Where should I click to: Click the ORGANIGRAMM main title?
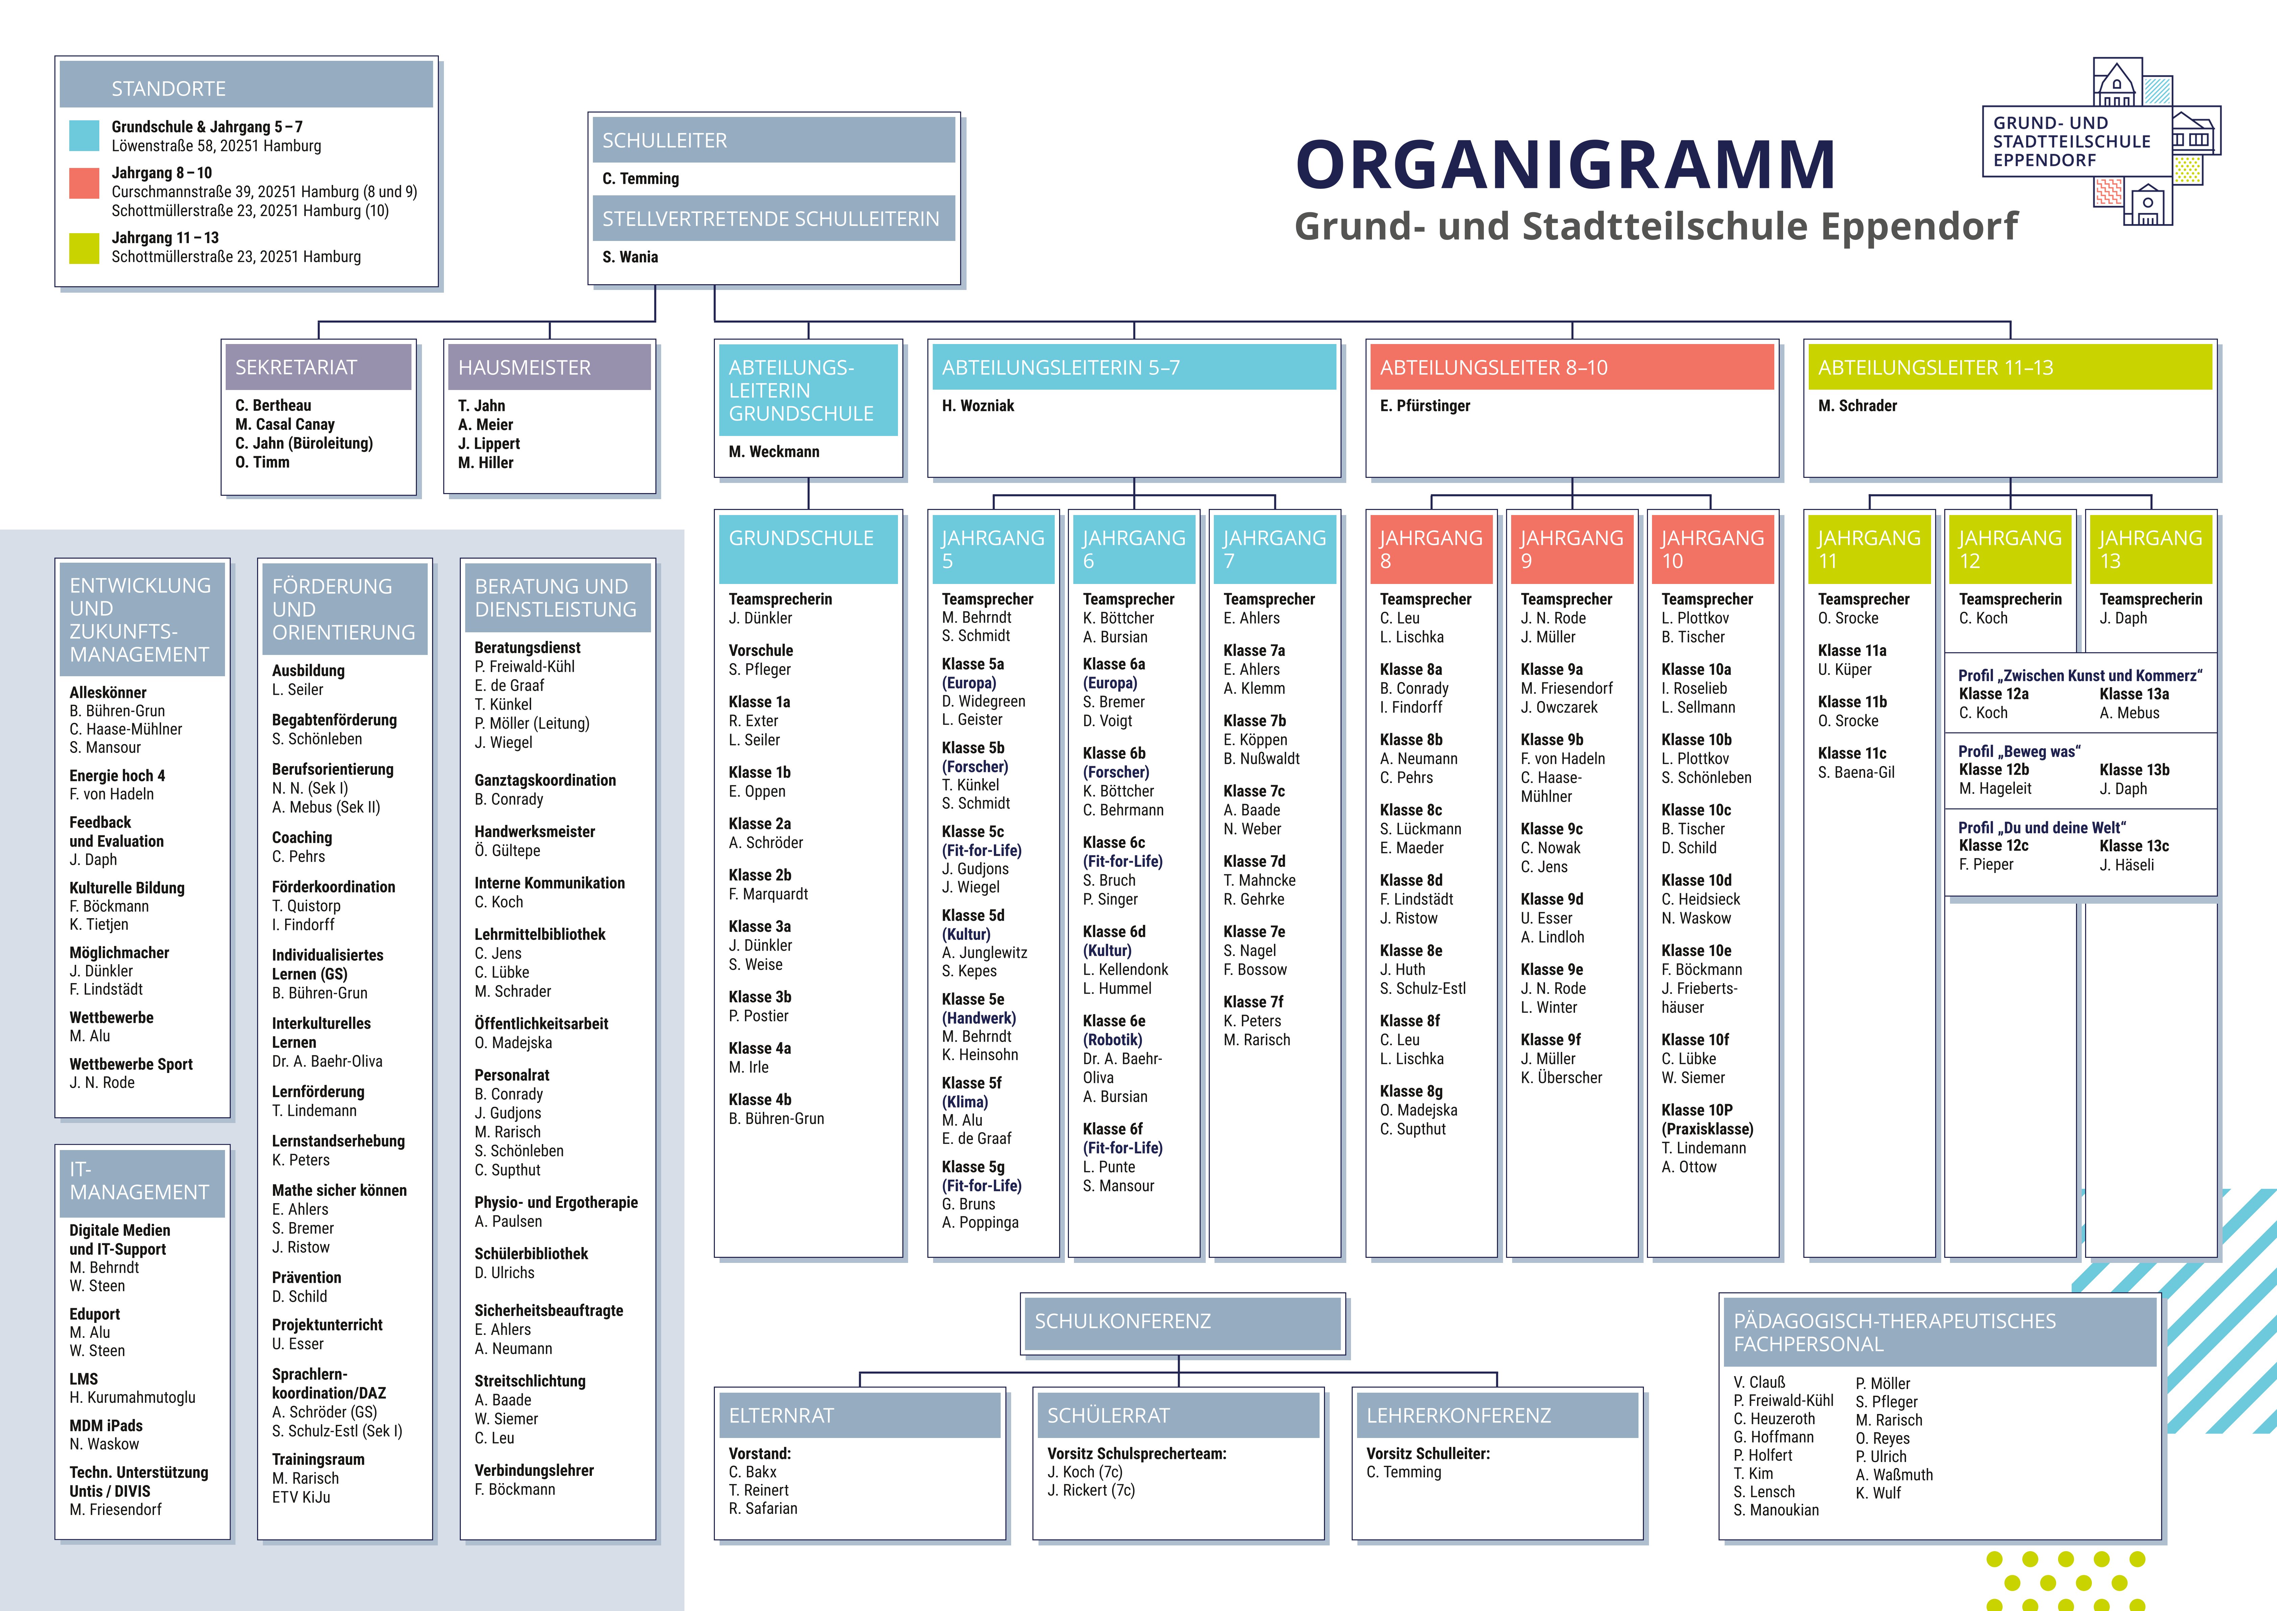point(1565,165)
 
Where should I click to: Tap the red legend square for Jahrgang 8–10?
point(84,184)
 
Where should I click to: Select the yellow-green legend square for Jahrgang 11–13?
point(84,248)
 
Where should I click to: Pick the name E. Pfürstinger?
point(1425,406)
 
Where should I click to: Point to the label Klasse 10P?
point(1697,1110)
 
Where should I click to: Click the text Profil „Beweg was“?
point(2019,752)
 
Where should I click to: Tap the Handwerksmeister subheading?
point(534,831)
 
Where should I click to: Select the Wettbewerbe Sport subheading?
point(131,1065)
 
